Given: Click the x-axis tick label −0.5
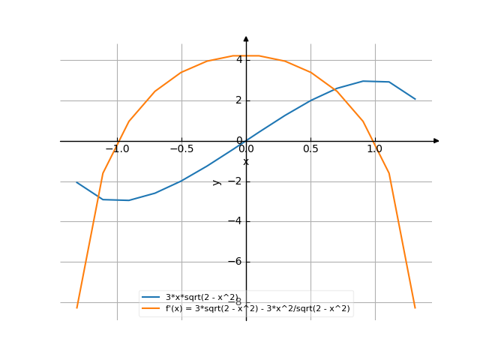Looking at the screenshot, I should [181, 149].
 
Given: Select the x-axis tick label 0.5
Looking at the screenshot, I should [310, 149].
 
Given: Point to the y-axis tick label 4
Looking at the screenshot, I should [239, 60].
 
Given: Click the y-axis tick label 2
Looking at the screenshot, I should [239, 100].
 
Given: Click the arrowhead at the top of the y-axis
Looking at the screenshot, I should [246, 38].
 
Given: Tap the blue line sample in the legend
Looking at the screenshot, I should [154, 297].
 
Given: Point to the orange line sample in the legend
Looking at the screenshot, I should [154, 308].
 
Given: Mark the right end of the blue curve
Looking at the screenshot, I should [415, 99].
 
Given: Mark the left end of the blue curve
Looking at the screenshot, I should [76, 182].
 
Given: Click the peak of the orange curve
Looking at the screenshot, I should [246, 55].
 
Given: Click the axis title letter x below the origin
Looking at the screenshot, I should [246, 161].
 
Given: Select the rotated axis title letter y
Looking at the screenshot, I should [217, 181].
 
